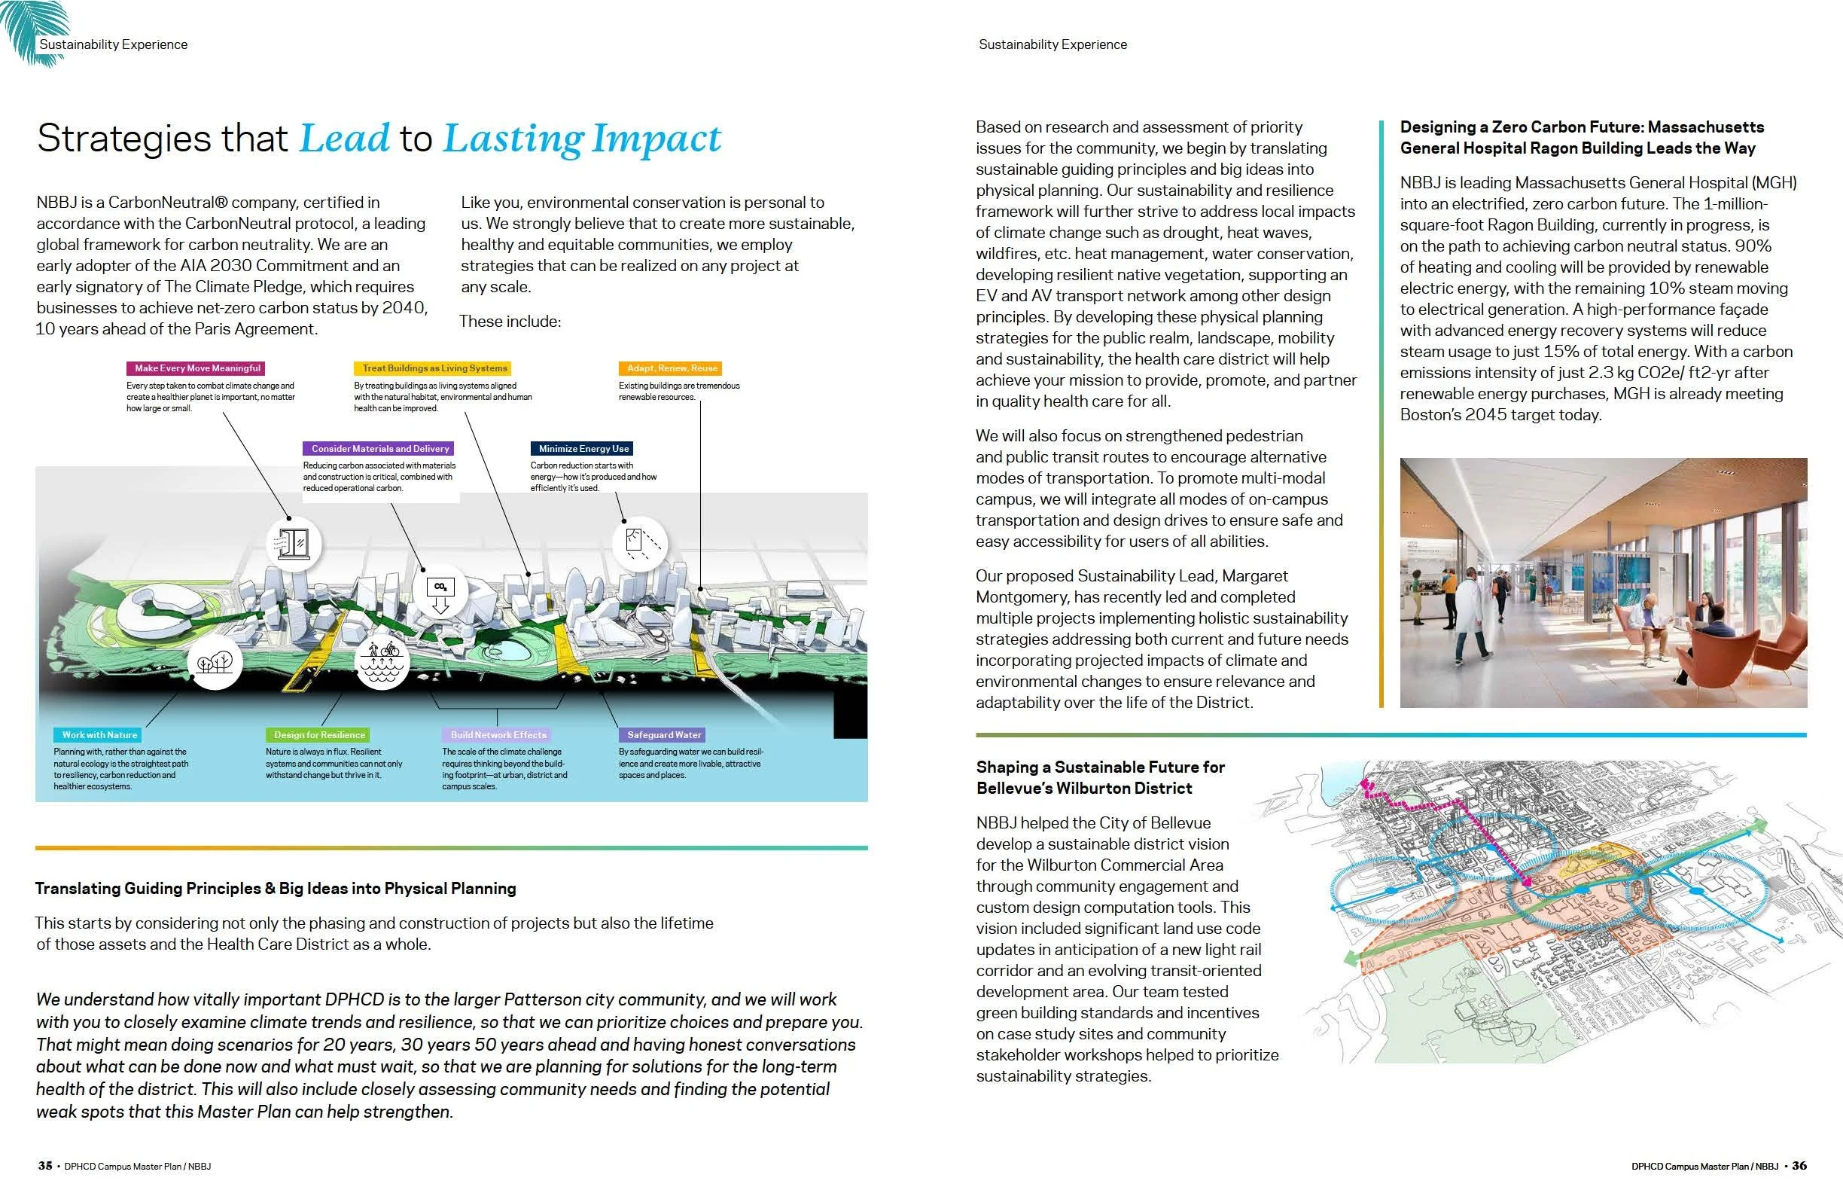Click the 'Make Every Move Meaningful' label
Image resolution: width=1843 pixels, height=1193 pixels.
197,368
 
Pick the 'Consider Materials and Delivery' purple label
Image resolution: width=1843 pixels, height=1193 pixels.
379,449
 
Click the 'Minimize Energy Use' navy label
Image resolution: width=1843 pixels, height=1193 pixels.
583,449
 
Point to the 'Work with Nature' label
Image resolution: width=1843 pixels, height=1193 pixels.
99,734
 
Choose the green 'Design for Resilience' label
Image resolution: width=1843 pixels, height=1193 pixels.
319,734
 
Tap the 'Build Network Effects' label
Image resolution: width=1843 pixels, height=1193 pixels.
498,734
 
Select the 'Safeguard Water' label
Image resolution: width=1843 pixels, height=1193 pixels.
663,734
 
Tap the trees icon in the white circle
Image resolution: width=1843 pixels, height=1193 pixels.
215,663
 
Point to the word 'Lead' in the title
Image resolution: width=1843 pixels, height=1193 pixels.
344,139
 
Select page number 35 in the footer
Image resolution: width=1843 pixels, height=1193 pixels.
46,1166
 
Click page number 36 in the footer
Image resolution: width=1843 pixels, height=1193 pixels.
1799,1166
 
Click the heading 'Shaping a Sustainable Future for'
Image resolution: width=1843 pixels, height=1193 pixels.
1101,767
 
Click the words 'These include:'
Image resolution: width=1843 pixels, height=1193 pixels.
510,322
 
